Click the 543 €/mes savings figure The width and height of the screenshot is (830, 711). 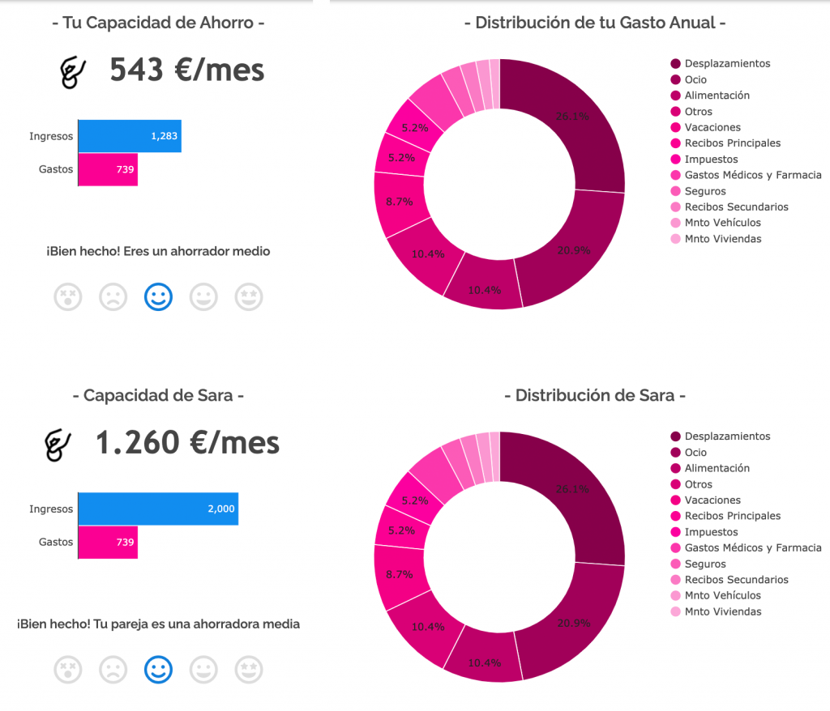186,70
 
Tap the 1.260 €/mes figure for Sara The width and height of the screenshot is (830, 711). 187,443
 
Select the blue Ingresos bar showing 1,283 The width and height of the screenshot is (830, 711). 130,136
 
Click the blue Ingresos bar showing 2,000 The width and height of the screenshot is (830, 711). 158,509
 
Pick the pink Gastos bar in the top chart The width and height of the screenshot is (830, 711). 108,169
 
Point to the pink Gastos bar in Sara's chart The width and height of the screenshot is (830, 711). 108,542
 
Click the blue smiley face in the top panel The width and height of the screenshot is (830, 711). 158,297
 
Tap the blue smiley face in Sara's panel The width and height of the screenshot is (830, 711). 158,670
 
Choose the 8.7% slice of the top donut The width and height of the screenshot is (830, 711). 400,202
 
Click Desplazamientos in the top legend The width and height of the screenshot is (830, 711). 727,63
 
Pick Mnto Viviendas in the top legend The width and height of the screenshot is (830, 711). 722,239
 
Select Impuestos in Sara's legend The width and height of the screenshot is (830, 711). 711,532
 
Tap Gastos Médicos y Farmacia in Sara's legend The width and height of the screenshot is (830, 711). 752,548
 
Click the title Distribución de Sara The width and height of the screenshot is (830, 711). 594,396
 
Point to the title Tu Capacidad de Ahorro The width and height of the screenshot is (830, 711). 158,23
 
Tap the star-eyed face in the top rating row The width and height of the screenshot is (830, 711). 249,297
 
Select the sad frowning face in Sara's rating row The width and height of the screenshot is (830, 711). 113,670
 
